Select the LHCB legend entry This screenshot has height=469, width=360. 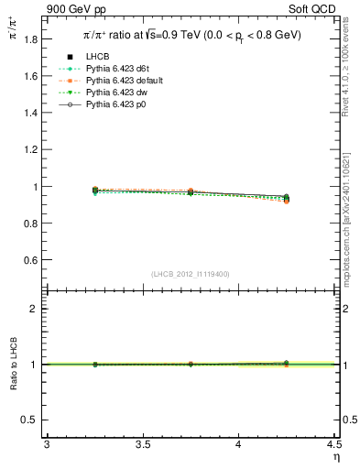point(98,58)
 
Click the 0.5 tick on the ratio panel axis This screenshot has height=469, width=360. point(32,420)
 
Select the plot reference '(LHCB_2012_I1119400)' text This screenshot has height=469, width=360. point(190,274)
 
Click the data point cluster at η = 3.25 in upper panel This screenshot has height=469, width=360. point(95,191)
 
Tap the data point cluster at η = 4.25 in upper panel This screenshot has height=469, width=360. point(286,198)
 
